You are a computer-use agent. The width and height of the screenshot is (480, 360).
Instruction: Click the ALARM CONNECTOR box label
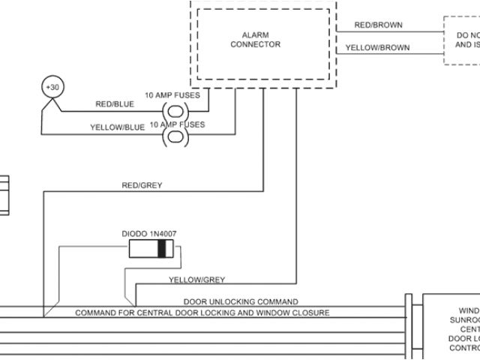point(261,39)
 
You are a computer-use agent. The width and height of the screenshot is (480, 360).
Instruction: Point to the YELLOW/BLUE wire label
point(117,127)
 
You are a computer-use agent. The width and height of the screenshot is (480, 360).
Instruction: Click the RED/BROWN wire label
point(378,25)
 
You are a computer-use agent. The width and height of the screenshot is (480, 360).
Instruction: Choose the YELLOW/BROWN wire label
point(377,48)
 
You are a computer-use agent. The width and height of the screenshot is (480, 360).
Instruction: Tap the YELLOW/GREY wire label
point(196,280)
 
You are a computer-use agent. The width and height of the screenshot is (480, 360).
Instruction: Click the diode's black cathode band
point(160,250)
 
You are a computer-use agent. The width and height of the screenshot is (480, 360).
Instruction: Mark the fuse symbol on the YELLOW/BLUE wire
point(174,136)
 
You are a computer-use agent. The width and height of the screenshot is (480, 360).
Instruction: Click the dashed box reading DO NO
point(460,40)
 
